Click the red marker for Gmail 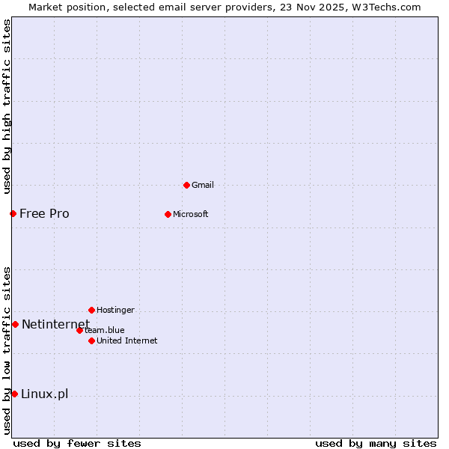tap(186, 185)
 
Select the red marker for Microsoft tap(168, 214)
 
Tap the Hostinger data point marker tap(91, 310)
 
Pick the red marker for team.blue tap(79, 330)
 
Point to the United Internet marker tap(91, 340)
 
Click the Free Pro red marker tap(13, 213)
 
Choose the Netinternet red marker tap(15, 324)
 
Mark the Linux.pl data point tap(14, 394)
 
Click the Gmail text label tap(203, 185)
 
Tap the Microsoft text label tap(191, 214)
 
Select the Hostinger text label tap(115, 310)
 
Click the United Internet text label tap(126, 340)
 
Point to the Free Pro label tap(44, 213)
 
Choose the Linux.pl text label tap(44, 394)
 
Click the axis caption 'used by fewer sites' tap(77, 443)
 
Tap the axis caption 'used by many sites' tap(376, 443)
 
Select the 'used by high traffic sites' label tap(7, 106)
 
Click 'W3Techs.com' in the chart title tap(386, 7)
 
